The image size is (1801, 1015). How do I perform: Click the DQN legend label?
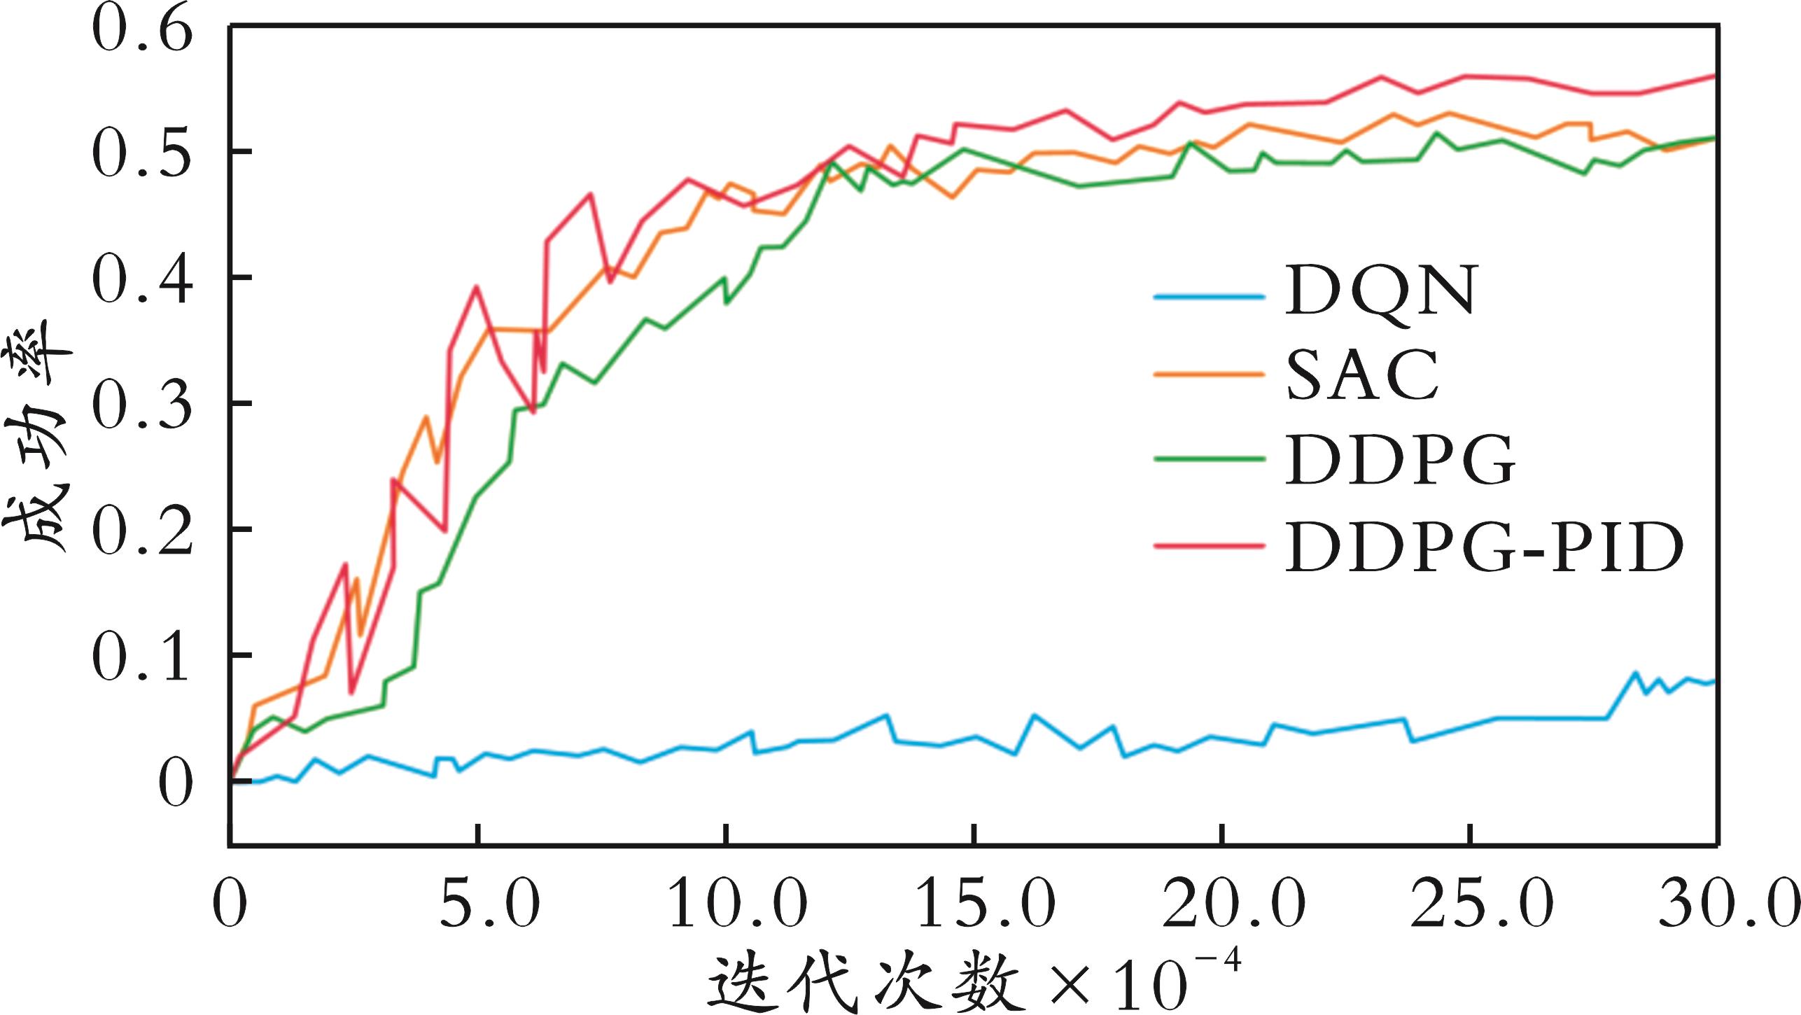tap(1380, 291)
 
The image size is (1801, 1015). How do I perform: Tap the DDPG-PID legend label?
tap(1484, 548)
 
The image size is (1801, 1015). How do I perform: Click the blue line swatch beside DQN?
tap(1209, 296)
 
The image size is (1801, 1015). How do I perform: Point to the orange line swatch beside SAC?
tap(1209, 375)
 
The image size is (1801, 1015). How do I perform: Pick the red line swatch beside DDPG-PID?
tap(1209, 545)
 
